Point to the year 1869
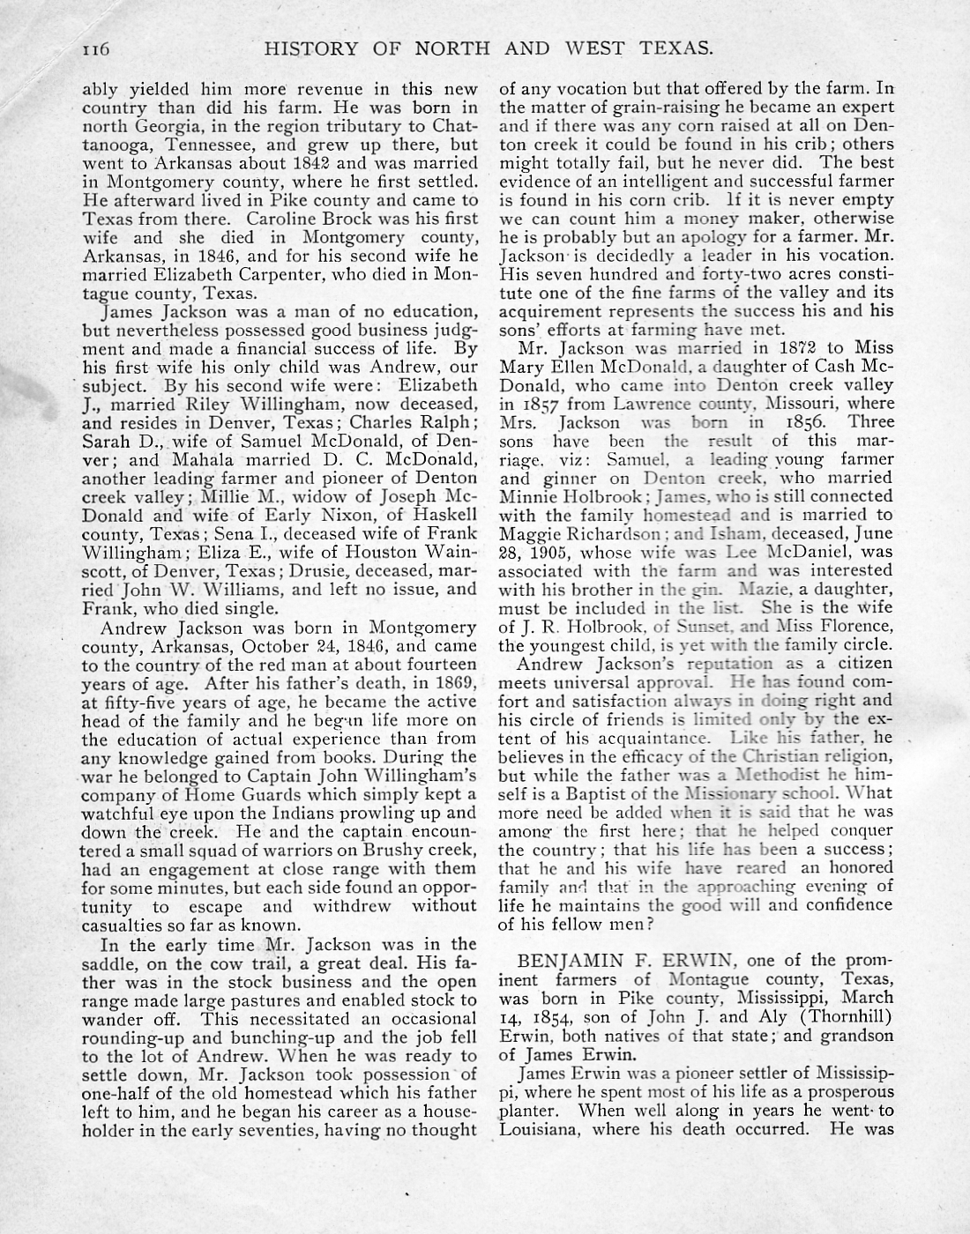(455, 683)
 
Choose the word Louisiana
(540, 1128)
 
